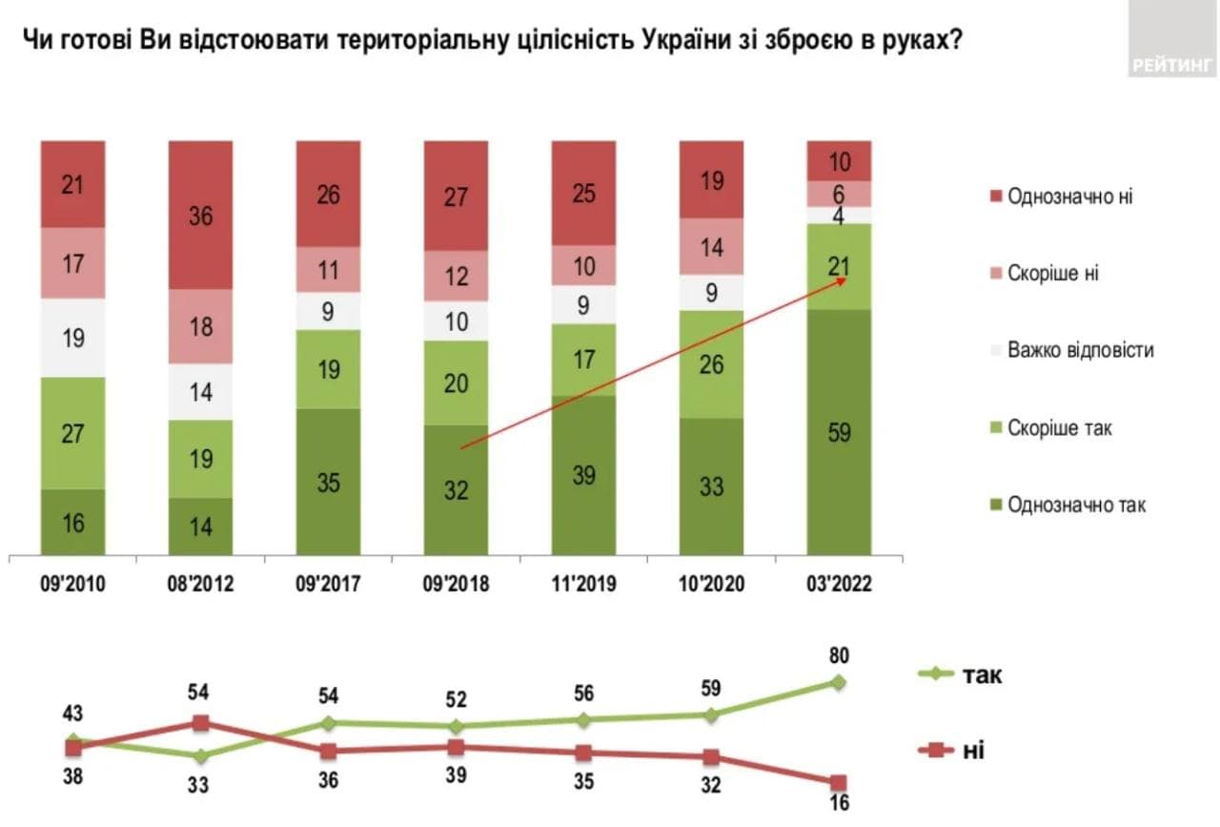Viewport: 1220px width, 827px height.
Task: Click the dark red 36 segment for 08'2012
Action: click(x=200, y=216)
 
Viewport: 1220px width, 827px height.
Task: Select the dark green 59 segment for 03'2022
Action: click(x=839, y=432)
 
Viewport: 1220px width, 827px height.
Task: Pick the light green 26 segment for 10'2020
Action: click(x=711, y=363)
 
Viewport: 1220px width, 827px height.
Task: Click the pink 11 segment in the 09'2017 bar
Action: click(x=328, y=270)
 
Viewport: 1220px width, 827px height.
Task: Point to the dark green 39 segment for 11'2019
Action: click(x=583, y=474)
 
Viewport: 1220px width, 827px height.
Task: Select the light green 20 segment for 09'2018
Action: click(x=456, y=382)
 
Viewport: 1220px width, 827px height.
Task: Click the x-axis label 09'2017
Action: click(x=328, y=584)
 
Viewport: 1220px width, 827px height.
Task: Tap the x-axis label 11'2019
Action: click(x=583, y=584)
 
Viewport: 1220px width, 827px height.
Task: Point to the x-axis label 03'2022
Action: click(x=839, y=584)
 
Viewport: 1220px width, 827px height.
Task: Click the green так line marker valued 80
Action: click(x=839, y=682)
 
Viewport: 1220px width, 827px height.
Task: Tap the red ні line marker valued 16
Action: click(x=839, y=783)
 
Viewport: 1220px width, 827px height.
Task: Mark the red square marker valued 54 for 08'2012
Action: click(x=200, y=723)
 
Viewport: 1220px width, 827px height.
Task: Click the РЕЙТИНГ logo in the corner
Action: click(x=1173, y=65)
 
